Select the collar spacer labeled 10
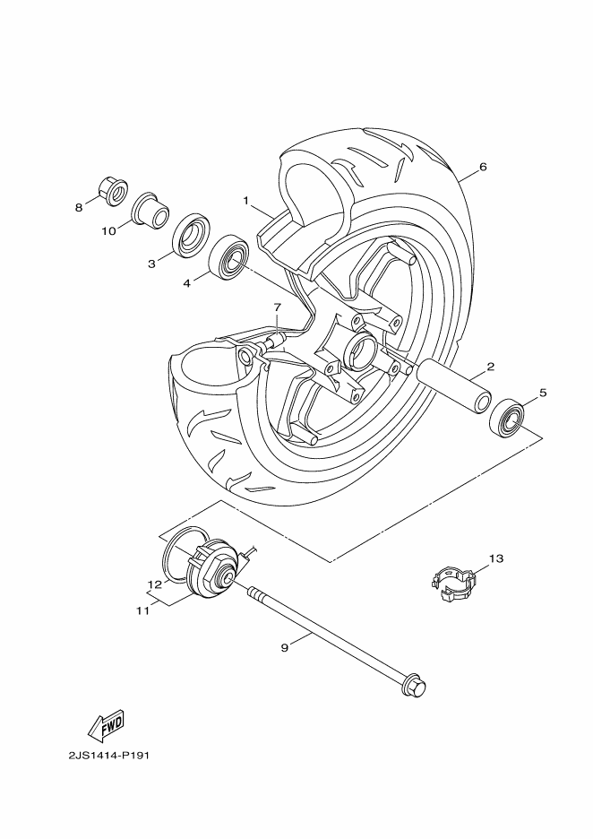point(150,210)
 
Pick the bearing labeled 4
point(229,255)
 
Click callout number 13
point(495,558)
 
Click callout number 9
point(284,647)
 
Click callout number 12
point(154,584)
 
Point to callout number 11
point(142,610)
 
